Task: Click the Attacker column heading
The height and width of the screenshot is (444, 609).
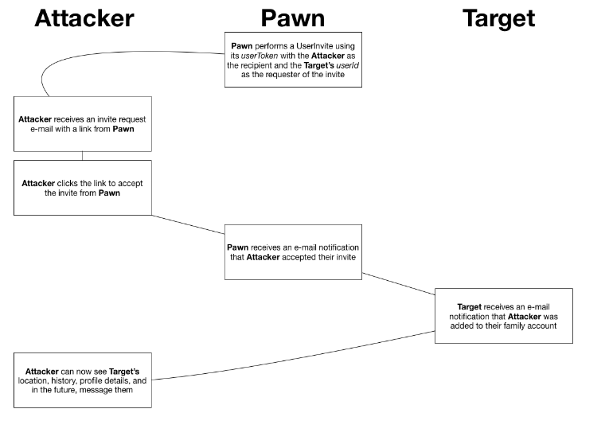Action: pyautogui.click(x=84, y=18)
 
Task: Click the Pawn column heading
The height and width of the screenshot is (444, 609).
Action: pyautogui.click(x=294, y=18)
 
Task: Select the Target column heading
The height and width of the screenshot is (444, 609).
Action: pyautogui.click(x=498, y=18)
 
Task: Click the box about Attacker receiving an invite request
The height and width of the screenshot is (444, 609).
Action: pyautogui.click(x=82, y=123)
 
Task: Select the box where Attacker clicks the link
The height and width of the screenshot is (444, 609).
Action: pyautogui.click(x=82, y=187)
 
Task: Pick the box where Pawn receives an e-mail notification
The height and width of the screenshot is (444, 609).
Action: pyautogui.click(x=294, y=251)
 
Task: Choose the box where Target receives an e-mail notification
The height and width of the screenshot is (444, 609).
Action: pyautogui.click(x=503, y=316)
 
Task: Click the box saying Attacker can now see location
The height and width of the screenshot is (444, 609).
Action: pyautogui.click(x=82, y=379)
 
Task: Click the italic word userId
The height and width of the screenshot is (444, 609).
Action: pyautogui.click(x=349, y=64)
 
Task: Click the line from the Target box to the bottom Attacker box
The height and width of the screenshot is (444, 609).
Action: pyautogui.click(x=295, y=356)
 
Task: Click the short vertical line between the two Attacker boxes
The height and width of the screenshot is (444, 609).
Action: pyautogui.click(x=82, y=155)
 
